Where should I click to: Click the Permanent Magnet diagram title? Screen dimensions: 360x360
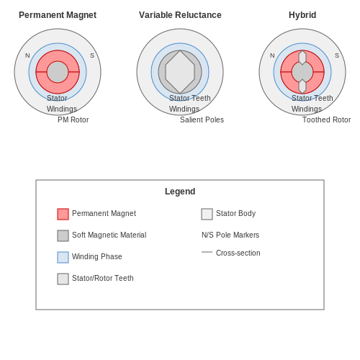tap(58, 15)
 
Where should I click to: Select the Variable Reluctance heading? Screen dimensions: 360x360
tap(180, 15)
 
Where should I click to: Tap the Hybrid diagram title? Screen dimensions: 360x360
tap(302, 15)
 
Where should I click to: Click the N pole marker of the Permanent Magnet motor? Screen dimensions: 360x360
tap(27, 55)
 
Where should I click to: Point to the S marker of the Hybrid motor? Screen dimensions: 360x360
tap(337, 55)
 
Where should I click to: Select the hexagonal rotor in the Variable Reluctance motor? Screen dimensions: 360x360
tap(180, 72)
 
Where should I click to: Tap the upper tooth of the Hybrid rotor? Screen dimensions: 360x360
tap(302, 58)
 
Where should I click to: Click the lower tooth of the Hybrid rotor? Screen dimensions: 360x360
tap(302, 86)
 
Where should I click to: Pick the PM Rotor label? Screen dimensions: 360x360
tap(73, 120)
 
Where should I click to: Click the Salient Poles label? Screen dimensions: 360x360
tap(202, 120)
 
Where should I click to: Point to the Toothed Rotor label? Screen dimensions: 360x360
tap(326, 120)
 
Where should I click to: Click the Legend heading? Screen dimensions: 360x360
tap(180, 192)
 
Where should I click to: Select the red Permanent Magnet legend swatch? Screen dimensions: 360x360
tap(63, 214)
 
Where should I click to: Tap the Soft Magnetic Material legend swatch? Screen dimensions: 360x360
tap(63, 235)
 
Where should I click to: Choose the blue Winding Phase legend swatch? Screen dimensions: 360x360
tap(63, 257)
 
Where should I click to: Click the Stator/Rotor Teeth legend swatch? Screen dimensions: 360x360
tap(63, 279)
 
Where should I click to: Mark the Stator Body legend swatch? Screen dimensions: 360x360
tap(207, 214)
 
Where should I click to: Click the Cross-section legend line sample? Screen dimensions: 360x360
tap(207, 252)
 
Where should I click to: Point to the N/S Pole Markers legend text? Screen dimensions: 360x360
tap(230, 235)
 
